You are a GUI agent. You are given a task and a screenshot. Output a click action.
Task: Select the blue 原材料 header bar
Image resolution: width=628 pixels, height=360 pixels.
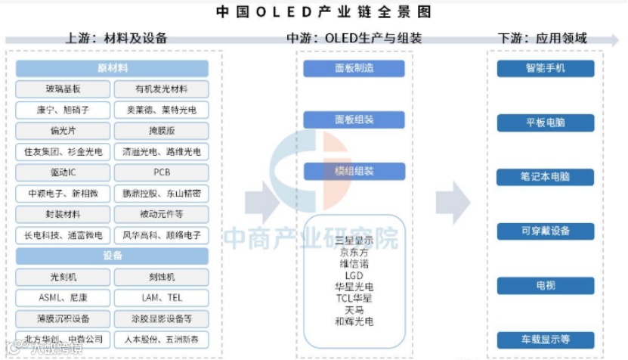[112, 68]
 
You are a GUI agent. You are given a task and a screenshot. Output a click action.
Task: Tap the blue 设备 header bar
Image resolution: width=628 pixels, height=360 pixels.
[112, 256]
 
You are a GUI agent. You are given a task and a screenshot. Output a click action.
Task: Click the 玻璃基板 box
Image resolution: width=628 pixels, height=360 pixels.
[63, 89]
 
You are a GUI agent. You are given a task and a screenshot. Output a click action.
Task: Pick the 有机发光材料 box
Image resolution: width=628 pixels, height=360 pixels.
[161, 89]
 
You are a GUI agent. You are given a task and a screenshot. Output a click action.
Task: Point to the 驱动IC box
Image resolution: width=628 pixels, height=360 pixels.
[63, 172]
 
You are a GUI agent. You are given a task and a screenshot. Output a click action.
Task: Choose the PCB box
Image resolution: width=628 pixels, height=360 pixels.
[161, 172]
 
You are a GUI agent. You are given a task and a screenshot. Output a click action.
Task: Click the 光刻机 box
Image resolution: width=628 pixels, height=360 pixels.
[63, 278]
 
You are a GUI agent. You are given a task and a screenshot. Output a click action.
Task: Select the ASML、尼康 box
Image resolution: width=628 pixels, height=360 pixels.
[63, 298]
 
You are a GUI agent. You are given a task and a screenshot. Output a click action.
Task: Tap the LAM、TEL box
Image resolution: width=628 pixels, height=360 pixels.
[161, 298]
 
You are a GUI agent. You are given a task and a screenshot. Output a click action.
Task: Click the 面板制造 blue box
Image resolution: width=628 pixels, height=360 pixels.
[354, 68]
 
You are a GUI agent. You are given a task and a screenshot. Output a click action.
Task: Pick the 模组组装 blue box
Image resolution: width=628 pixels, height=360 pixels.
[354, 171]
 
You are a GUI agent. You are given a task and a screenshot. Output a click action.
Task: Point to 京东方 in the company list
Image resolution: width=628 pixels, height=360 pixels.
[354, 253]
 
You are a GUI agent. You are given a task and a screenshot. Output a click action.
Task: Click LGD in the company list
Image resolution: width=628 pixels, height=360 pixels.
[354, 275]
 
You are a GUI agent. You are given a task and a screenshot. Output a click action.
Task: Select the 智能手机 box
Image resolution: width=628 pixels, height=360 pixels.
[546, 68]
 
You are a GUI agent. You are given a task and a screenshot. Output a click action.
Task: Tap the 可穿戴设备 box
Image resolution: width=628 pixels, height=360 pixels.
[546, 231]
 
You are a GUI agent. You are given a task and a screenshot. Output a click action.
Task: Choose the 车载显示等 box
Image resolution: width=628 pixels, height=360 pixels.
[546, 340]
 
